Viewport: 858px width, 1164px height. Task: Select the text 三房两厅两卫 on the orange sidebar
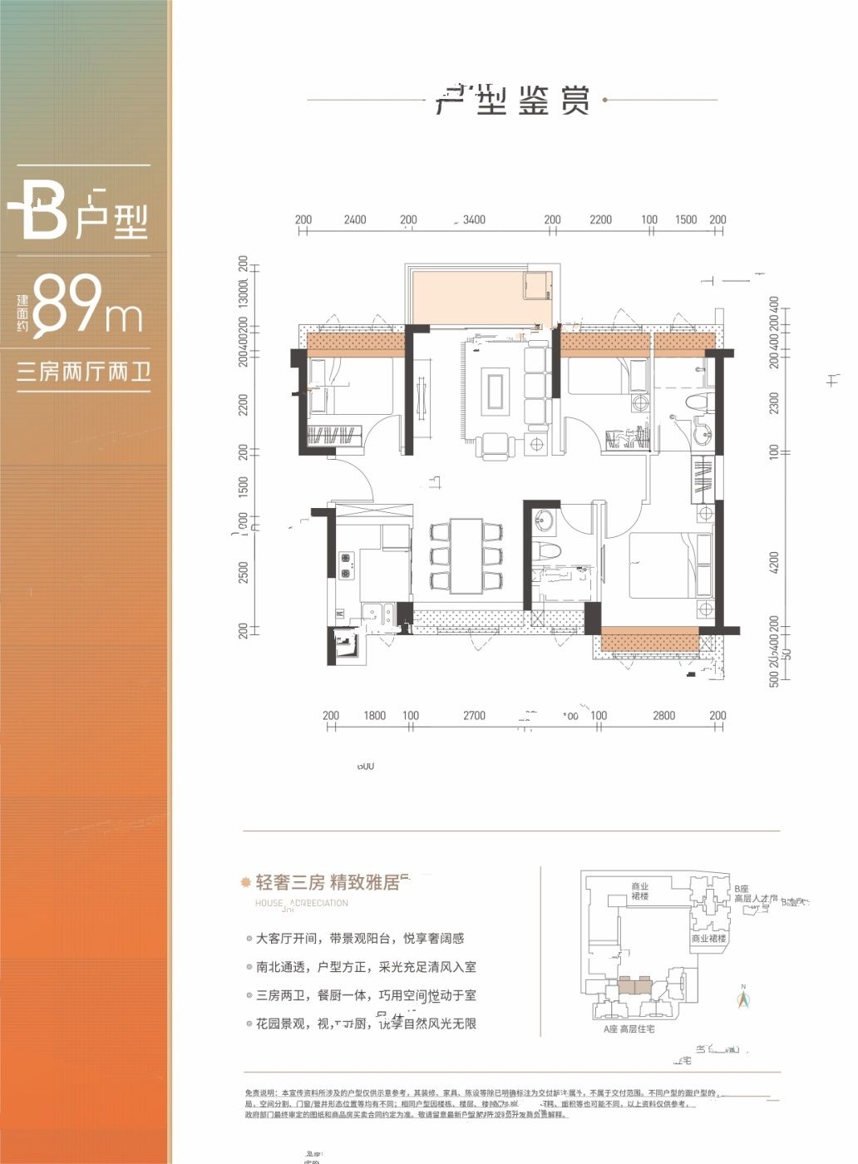[x=83, y=372]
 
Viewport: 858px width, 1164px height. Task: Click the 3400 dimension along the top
[x=474, y=220]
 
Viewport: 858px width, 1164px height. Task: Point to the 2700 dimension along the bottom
[x=474, y=716]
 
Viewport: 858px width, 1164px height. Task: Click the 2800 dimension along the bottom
[x=663, y=716]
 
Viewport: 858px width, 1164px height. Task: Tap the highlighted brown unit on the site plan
[x=634, y=987]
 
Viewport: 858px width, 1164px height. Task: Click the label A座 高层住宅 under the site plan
[x=629, y=1029]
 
